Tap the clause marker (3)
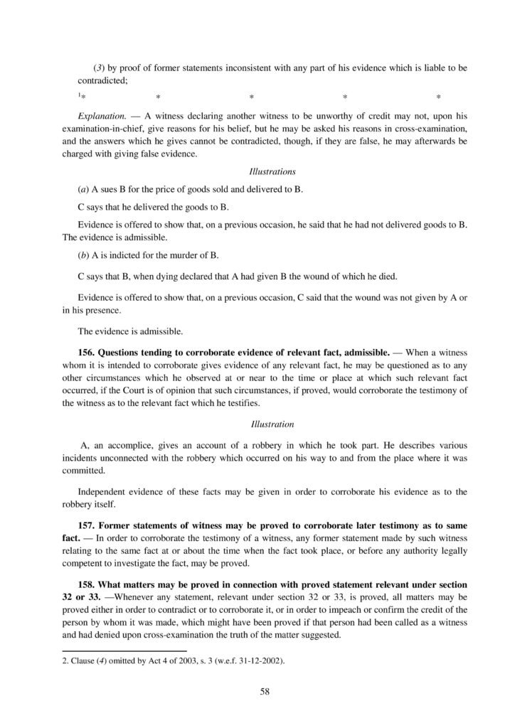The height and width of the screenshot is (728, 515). pos(100,68)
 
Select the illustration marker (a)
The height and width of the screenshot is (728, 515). pos(83,191)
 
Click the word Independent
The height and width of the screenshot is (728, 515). pos(102,491)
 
